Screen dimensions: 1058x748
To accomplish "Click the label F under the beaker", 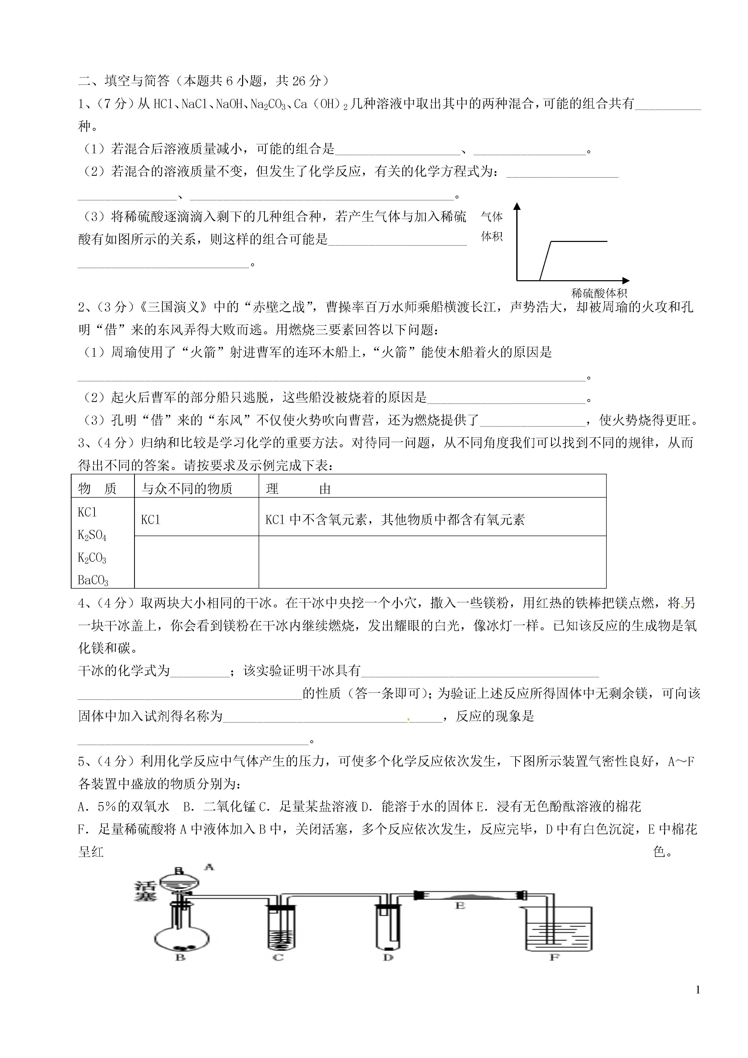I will pos(554,957).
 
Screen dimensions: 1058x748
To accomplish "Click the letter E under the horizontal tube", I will pos(460,905).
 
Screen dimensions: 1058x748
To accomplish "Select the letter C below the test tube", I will pos(278,957).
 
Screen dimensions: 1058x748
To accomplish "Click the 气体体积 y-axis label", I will pos(491,226).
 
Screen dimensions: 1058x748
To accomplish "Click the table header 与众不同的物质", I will pos(187,489).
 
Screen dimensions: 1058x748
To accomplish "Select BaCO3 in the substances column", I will pos(93,580).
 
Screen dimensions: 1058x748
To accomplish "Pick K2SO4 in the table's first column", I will pos(92,535).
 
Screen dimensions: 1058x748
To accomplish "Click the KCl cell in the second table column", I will pos(151,520).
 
